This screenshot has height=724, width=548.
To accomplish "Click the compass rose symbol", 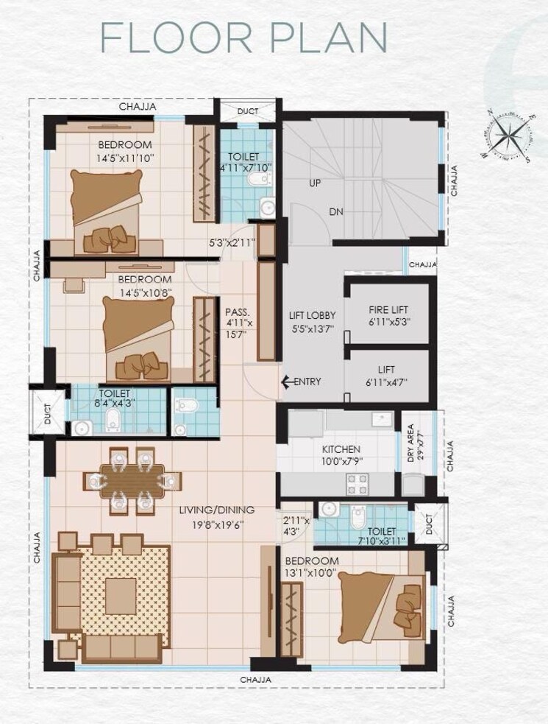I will [505, 136].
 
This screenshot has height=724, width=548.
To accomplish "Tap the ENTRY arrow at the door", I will [285, 382].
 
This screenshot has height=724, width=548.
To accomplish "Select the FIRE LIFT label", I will [388, 311].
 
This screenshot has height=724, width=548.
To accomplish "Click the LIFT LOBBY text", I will [312, 316].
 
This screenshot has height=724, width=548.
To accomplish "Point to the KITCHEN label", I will [341, 449].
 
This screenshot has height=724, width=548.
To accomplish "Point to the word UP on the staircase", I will [314, 182].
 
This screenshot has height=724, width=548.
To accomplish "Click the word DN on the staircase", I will [336, 211].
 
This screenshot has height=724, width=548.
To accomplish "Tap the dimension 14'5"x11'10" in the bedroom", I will [124, 158].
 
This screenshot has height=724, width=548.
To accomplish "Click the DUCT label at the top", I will [247, 112].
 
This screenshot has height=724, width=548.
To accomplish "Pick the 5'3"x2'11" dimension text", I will [232, 242].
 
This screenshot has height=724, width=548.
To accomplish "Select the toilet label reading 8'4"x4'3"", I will [113, 403].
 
